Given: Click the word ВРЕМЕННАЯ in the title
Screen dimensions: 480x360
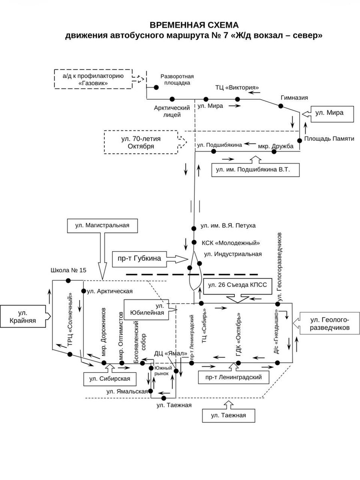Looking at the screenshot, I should pyautogui.click(x=172, y=24).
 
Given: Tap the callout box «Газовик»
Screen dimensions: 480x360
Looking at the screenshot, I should pyautogui.click(x=92, y=79).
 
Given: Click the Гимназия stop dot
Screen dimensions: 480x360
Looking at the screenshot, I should pyautogui.click(x=281, y=106).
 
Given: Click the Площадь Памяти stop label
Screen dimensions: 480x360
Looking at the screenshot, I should pyautogui.click(x=329, y=138).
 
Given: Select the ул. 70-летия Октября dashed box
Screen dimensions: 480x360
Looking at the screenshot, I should pyautogui.click(x=141, y=142).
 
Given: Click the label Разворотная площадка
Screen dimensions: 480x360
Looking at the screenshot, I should pyautogui.click(x=177, y=79).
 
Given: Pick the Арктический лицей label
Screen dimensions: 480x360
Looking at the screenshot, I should pyautogui.click(x=172, y=112).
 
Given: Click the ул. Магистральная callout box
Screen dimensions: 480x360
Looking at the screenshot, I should pyautogui.click(x=102, y=226).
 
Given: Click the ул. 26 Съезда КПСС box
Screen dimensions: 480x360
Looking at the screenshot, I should pyautogui.click(x=235, y=285).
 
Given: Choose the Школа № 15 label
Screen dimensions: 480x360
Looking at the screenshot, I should pyautogui.click(x=68, y=270).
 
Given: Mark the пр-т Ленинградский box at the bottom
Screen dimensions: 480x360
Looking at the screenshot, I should pyautogui.click(x=233, y=377).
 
